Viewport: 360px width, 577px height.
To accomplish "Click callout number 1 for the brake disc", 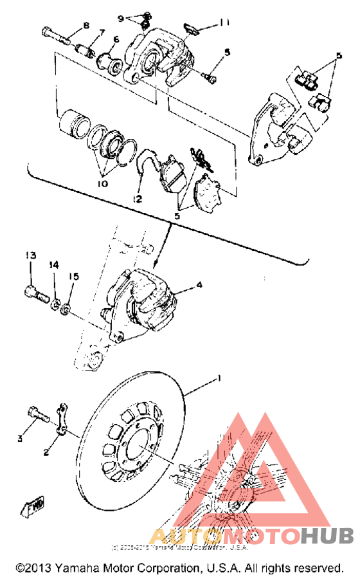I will pyautogui.click(x=219, y=379).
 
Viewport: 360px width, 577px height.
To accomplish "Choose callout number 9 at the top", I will pyautogui.click(x=120, y=17).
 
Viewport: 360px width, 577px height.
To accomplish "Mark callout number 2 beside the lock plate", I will pyautogui.click(x=46, y=452).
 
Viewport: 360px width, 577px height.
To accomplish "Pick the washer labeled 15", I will pyautogui.click(x=67, y=311).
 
